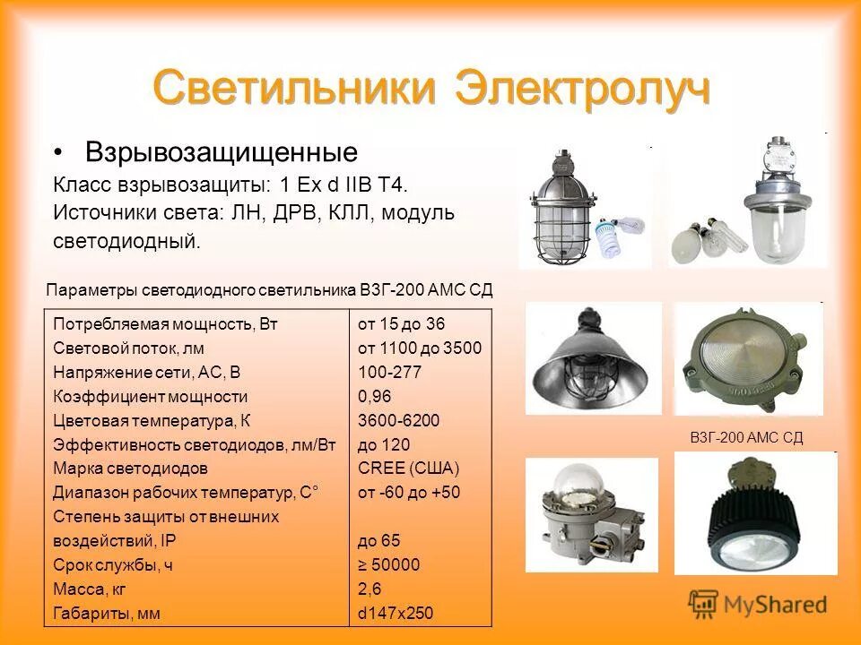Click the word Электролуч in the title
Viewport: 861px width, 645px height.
(x=584, y=89)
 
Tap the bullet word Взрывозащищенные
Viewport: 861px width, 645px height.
(x=221, y=150)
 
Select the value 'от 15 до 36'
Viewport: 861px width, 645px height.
(x=401, y=323)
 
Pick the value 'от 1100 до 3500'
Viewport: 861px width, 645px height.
(x=419, y=348)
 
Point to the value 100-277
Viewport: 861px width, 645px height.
(x=389, y=372)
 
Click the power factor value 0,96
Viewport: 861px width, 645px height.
(x=375, y=396)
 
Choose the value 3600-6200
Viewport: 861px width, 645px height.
(x=398, y=420)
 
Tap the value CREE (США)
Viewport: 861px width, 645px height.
(x=408, y=468)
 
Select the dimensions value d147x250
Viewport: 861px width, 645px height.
(x=396, y=614)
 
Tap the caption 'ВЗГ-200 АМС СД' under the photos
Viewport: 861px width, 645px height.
(x=746, y=437)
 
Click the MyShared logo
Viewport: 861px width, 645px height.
(x=758, y=604)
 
